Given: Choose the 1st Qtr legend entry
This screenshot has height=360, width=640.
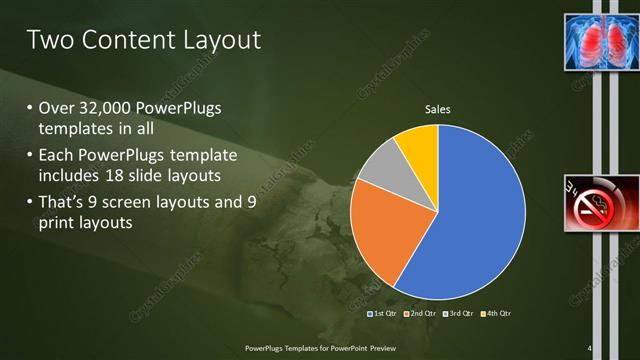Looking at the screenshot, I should pyautogui.click(x=385, y=314).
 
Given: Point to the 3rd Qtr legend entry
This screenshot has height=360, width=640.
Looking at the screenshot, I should pyautogui.click(x=459, y=314).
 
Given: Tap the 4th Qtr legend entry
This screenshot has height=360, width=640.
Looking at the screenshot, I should pyautogui.click(x=496, y=314).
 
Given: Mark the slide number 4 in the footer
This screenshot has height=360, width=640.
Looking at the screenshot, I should pyautogui.click(x=590, y=348).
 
